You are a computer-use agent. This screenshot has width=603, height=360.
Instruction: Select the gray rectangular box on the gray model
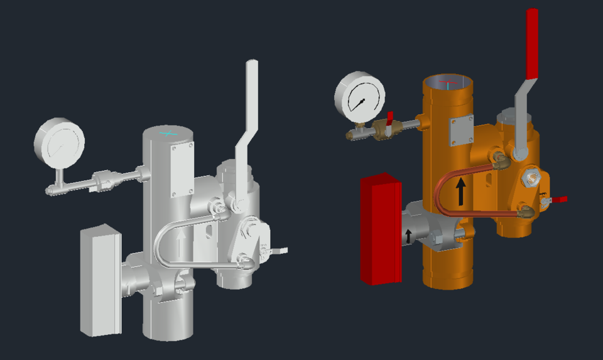pyautogui.click(x=100, y=280)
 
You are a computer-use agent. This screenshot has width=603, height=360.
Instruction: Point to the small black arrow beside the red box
pyautogui.click(x=408, y=236)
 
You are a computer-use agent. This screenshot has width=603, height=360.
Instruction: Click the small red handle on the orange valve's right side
pyautogui.click(x=558, y=199)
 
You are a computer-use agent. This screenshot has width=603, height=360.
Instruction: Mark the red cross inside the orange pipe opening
pyautogui.click(x=447, y=82)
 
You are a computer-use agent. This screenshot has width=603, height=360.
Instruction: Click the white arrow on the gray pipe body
pyautogui.click(x=183, y=244)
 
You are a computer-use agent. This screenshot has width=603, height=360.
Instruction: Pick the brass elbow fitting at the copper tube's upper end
pyautogui.click(x=501, y=160)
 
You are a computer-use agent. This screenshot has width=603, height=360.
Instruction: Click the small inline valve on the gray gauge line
pyautogui.click(x=102, y=181)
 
